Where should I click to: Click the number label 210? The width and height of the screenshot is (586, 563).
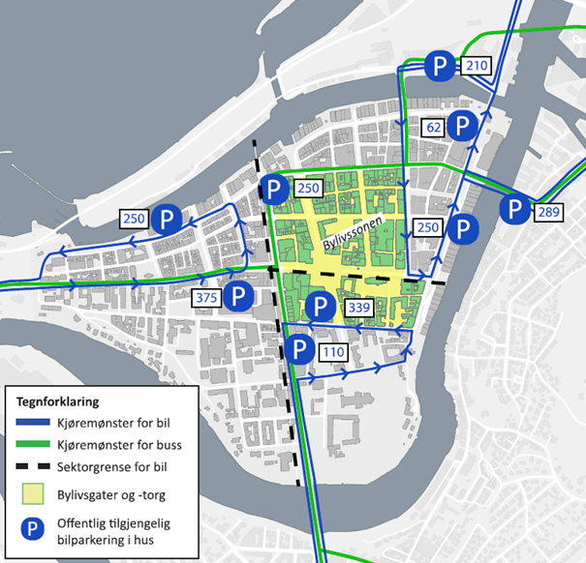pos(476,66)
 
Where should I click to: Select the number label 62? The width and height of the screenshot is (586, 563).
pos(434,126)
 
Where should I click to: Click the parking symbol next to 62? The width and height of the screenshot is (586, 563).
pos(464,126)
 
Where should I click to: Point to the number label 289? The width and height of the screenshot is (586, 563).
pos(548,211)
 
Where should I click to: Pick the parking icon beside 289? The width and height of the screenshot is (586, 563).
pos(514,210)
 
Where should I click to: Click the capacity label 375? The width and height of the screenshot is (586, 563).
pos(206,297)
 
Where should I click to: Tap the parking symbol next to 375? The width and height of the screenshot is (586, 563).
pos(236,296)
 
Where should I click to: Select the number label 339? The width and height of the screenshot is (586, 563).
pos(357,309)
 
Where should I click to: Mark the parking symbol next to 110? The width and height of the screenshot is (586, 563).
pos(299,349)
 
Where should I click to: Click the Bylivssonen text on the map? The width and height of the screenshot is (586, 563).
pos(354,235)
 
